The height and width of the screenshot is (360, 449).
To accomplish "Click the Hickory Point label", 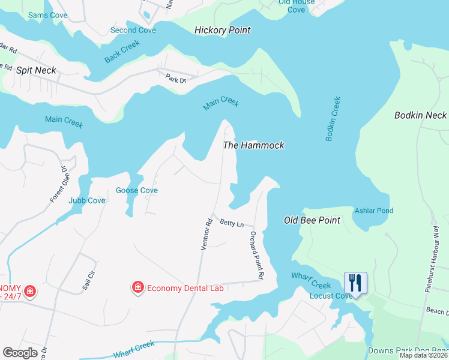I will click(223, 30).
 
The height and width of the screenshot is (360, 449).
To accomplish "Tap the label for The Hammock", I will click(253, 145).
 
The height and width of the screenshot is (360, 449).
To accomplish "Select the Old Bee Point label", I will click(312, 220).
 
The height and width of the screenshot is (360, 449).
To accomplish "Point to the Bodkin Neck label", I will click(420, 115).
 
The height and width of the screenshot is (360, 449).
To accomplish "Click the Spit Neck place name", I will click(36, 70).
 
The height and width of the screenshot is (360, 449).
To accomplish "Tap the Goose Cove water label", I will click(137, 190).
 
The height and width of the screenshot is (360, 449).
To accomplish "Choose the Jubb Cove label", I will click(87, 200).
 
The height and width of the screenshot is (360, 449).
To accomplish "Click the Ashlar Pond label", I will click(374, 211).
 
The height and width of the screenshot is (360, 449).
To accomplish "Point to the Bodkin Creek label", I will click(333, 119).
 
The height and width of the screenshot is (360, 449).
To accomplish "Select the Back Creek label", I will click(122, 51).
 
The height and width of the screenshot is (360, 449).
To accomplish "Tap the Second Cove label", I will click(133, 30).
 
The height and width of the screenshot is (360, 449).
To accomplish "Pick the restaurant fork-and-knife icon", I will click(355, 282).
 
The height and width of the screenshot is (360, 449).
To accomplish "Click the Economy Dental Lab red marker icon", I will click(138, 288).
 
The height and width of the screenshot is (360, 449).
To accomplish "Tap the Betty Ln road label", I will click(232, 224).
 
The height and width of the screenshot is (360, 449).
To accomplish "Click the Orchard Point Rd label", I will click(257, 256).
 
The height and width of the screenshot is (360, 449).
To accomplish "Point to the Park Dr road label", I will click(176, 77).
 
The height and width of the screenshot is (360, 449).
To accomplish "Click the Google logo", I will click(20, 352).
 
